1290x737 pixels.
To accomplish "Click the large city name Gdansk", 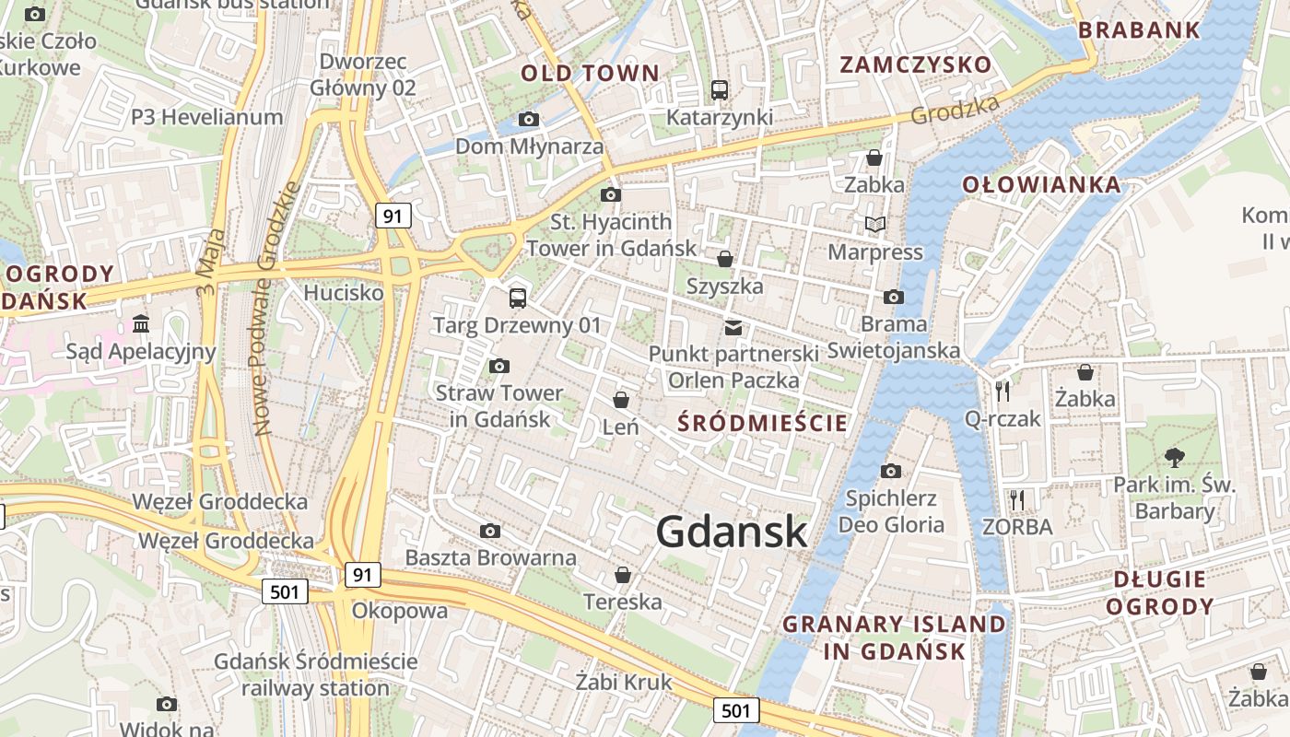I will coord(733,532).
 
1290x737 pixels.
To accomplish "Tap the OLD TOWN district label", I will coord(590,74).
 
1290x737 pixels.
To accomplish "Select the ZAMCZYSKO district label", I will coord(915,64).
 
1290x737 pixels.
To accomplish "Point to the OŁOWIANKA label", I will coord(1041,184).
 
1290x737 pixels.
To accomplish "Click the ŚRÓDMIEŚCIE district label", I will coord(762,423).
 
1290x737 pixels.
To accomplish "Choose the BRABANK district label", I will coord(1139,29).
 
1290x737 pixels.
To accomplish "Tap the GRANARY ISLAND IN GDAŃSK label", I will coord(893,638).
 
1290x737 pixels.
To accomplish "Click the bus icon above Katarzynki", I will coord(720,90).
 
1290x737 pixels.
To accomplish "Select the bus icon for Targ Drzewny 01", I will coord(518,298).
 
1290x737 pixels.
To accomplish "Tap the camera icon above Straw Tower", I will coord(499,366).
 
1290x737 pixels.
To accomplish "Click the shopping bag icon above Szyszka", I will coord(725,259).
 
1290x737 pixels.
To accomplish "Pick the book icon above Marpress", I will coord(874,224).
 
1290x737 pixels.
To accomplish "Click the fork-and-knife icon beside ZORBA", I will coord(1017,499).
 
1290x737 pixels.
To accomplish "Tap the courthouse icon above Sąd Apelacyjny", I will coord(141,323).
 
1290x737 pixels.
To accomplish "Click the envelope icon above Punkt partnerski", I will coord(733,327).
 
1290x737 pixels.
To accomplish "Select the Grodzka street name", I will coord(956,110).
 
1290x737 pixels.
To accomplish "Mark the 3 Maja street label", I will coord(210,263).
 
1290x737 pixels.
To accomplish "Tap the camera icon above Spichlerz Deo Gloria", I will coord(890,472).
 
